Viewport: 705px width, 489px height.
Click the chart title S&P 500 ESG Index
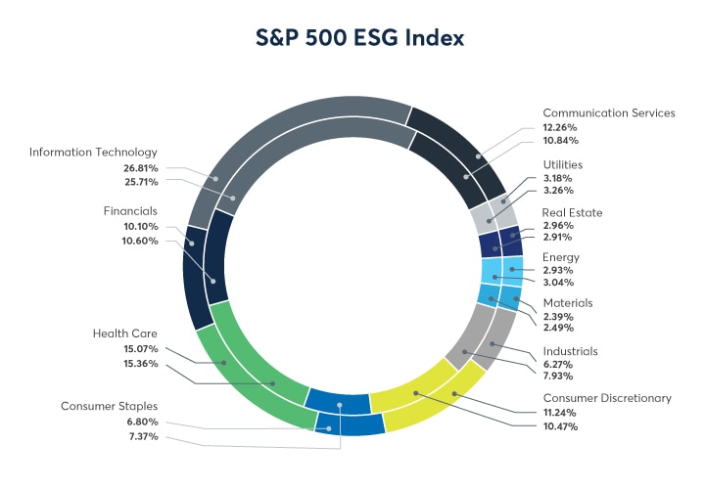(x=352, y=37)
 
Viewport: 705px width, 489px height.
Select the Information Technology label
(x=93, y=152)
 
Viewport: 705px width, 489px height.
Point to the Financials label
(x=130, y=210)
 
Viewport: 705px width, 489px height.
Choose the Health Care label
(x=125, y=333)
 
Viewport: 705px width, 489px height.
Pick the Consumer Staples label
(x=110, y=406)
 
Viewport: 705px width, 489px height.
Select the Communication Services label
(x=609, y=112)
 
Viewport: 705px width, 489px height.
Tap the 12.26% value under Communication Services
(x=560, y=128)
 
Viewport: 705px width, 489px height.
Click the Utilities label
(x=565, y=163)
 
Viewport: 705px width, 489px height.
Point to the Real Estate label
(x=572, y=212)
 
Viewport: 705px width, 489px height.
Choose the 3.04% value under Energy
(x=559, y=284)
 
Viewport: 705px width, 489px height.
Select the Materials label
(x=568, y=302)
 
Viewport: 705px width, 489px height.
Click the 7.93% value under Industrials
(x=559, y=376)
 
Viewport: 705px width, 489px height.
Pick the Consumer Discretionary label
(x=607, y=398)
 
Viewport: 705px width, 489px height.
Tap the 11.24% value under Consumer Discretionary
(x=560, y=413)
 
